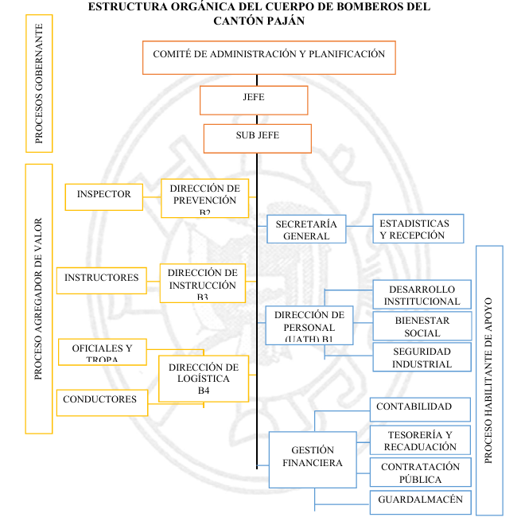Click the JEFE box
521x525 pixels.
pos(253,99)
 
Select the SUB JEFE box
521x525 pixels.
pos(257,137)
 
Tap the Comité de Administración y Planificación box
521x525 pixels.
pos(269,56)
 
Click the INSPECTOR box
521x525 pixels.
pos(103,196)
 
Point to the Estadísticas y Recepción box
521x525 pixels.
pos(418,229)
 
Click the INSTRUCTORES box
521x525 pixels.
pos(102,279)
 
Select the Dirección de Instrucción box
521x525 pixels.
pos(202,282)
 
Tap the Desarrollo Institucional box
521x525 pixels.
pos(422,295)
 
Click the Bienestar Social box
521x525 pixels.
pos(422,326)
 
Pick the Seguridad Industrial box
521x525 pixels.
pos(422,357)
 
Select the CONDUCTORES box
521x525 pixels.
pos(101,401)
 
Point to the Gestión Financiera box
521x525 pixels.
pos(311,458)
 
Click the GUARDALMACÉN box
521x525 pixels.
pos(420,502)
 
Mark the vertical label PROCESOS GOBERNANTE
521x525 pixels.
pos(39,84)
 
